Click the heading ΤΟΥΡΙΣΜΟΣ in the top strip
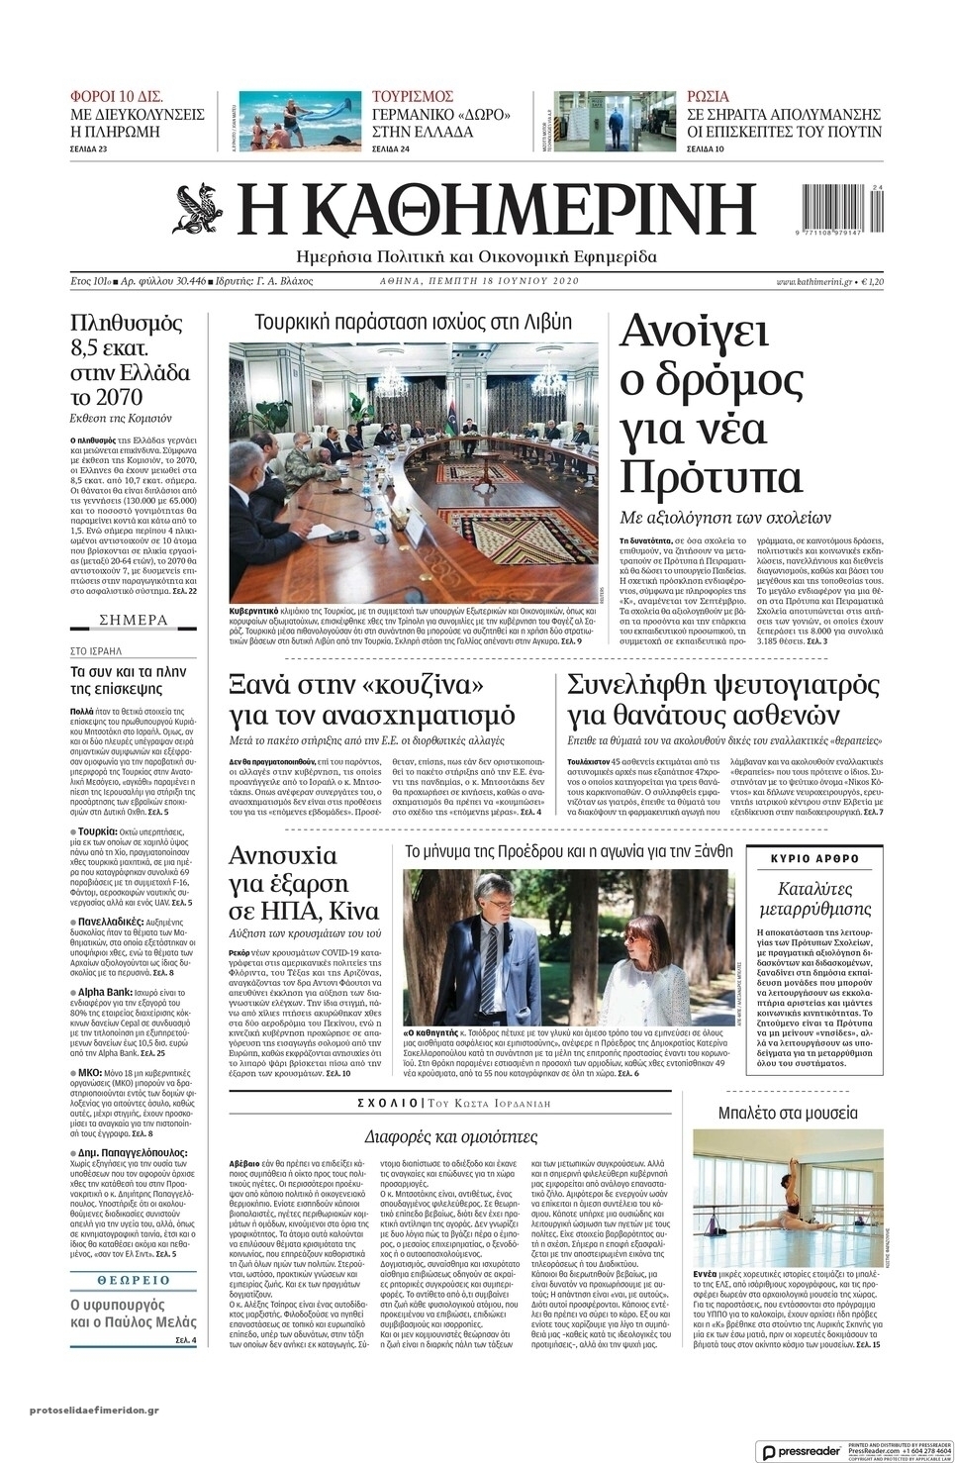[x=413, y=97]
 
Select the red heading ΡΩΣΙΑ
[x=708, y=97]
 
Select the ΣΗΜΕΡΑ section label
[x=134, y=621]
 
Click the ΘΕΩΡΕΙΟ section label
[x=134, y=1280]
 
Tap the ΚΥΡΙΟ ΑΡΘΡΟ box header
[x=814, y=858]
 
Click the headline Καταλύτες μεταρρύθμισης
[x=813, y=898]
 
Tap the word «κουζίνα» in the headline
[x=422, y=684]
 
